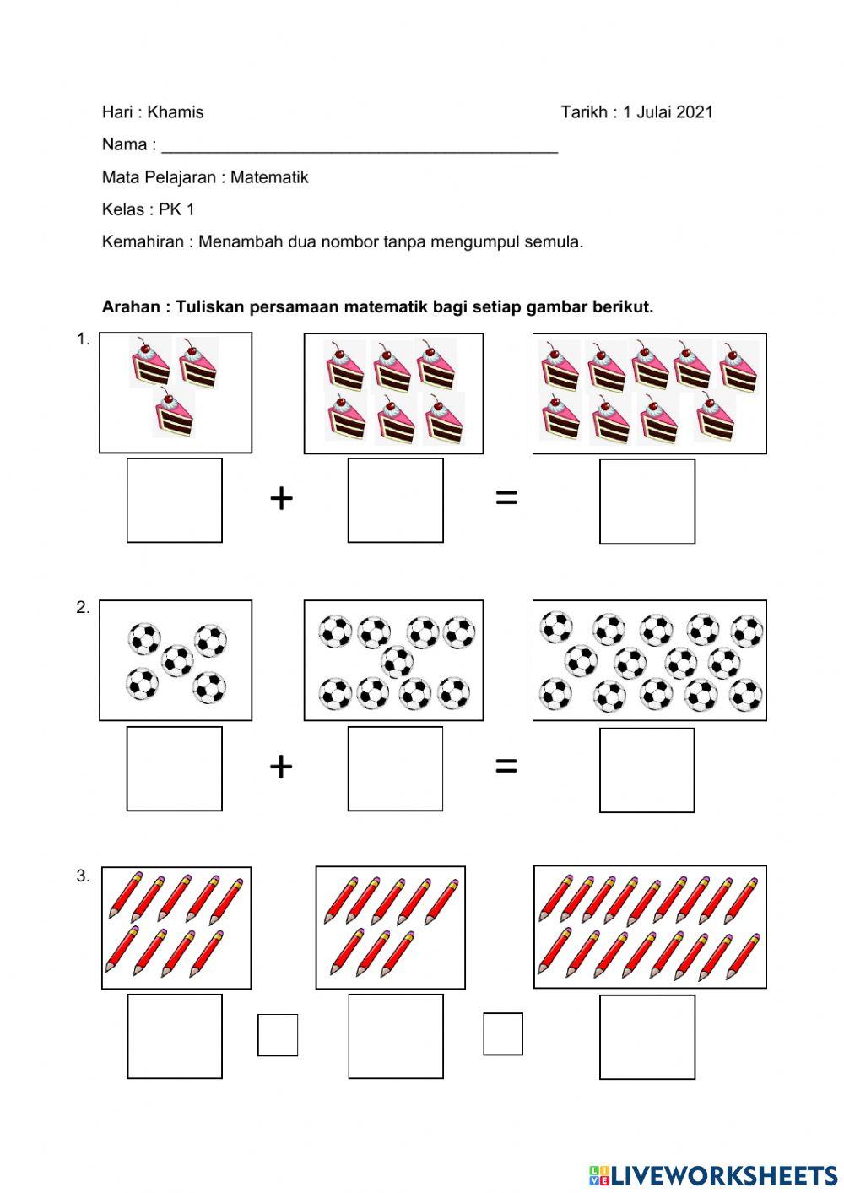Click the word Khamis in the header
click(x=176, y=112)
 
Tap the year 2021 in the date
click(x=695, y=112)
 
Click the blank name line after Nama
click(x=359, y=146)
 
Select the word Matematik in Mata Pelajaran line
click(x=269, y=177)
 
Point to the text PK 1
click(x=176, y=209)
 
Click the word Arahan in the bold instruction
click(x=131, y=307)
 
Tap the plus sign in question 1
click(x=281, y=499)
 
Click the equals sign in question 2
click(x=506, y=766)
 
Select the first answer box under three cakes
click(x=175, y=500)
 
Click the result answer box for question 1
click(x=647, y=501)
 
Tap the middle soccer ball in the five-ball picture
click(x=177, y=659)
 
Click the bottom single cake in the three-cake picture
click(x=174, y=414)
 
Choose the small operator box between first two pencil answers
click(x=278, y=1034)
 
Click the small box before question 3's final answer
click(x=503, y=1033)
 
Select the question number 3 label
click(x=83, y=876)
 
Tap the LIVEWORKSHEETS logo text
click(x=723, y=1174)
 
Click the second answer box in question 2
click(x=395, y=768)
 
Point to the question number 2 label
click(x=83, y=608)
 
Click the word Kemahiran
click(x=143, y=242)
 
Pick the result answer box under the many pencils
click(x=647, y=1037)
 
